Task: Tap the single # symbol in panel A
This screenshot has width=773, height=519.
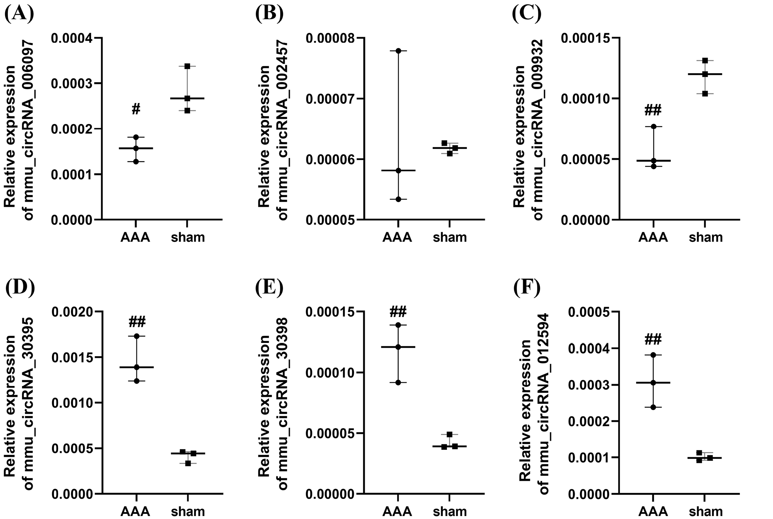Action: point(136,109)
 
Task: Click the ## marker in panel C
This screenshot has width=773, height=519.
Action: point(653,110)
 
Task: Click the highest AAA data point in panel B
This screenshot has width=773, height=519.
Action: point(398,51)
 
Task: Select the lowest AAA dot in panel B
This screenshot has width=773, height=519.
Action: point(398,199)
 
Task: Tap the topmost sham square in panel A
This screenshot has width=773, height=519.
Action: point(187,66)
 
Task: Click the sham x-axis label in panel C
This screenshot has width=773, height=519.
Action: point(705,237)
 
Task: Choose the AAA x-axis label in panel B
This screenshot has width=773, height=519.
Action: point(397,237)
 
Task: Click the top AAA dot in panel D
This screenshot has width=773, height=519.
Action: point(137,336)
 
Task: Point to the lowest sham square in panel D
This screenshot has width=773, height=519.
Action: point(188,463)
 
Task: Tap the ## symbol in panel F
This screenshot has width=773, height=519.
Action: point(653,339)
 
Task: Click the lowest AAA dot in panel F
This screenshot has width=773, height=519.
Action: point(653,408)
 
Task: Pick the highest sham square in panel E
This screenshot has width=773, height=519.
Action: point(450,434)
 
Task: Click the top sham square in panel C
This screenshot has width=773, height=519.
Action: point(705,60)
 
